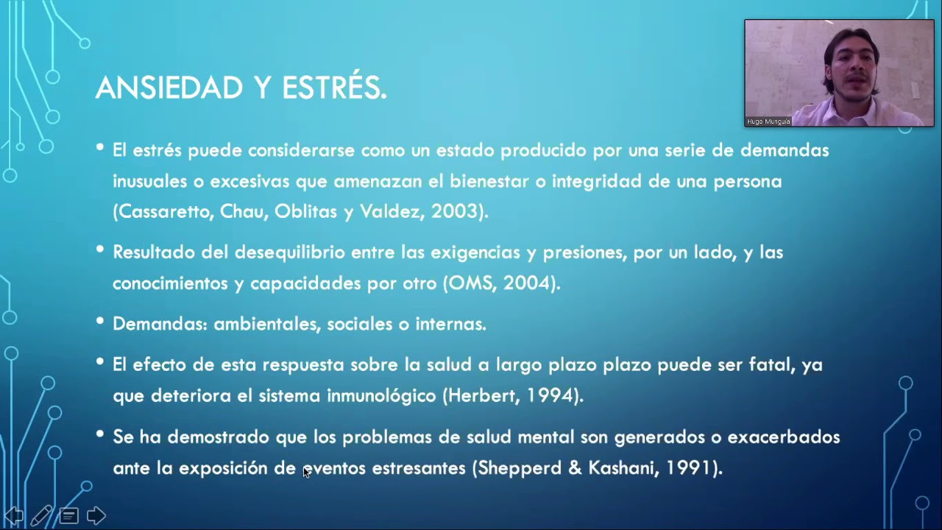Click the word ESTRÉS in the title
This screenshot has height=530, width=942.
click(x=333, y=88)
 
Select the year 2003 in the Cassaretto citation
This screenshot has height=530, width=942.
click(x=455, y=212)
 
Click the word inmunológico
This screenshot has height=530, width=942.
click(x=381, y=396)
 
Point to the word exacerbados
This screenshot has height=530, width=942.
click(x=783, y=437)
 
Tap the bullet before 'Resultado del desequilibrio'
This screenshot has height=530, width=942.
click(x=100, y=250)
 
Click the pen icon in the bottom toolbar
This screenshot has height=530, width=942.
click(x=41, y=515)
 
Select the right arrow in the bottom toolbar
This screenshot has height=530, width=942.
click(x=96, y=515)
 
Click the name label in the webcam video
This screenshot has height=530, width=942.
click(x=768, y=121)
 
